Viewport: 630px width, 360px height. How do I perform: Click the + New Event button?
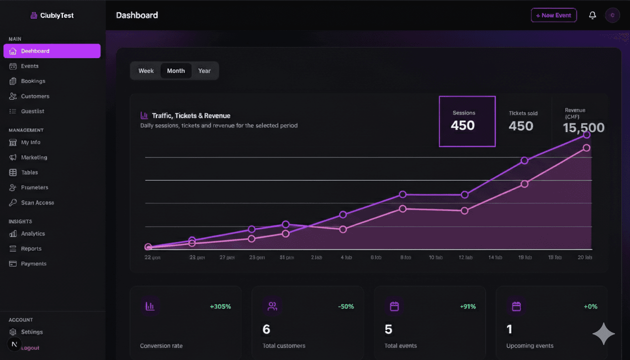coord(554,15)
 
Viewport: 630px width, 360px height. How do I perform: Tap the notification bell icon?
coord(592,15)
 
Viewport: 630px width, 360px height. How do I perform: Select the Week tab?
coord(146,71)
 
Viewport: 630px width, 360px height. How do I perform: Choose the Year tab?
coord(204,71)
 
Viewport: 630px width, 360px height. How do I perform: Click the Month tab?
coord(176,71)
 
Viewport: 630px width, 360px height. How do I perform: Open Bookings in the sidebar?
coord(33,81)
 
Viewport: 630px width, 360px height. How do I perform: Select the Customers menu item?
coord(35,96)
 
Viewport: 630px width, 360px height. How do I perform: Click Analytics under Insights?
coord(33,233)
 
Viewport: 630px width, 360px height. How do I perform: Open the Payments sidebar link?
coord(33,264)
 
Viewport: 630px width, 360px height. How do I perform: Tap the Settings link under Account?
coord(31,332)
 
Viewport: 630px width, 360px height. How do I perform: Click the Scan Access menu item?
coord(37,202)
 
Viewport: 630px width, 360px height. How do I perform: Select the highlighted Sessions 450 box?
coord(467,121)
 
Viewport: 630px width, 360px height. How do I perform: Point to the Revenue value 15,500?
coord(583,128)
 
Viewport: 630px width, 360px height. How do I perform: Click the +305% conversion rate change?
coord(220,307)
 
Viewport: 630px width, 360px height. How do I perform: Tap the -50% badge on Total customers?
coord(346,307)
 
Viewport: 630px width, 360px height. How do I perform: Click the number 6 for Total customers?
coord(266,330)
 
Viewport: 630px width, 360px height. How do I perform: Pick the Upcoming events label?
coord(530,346)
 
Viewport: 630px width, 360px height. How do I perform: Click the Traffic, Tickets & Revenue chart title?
coord(191,116)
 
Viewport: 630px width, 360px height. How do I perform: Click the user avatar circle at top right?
coord(612,15)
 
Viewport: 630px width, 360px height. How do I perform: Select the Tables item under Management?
coord(29,172)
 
